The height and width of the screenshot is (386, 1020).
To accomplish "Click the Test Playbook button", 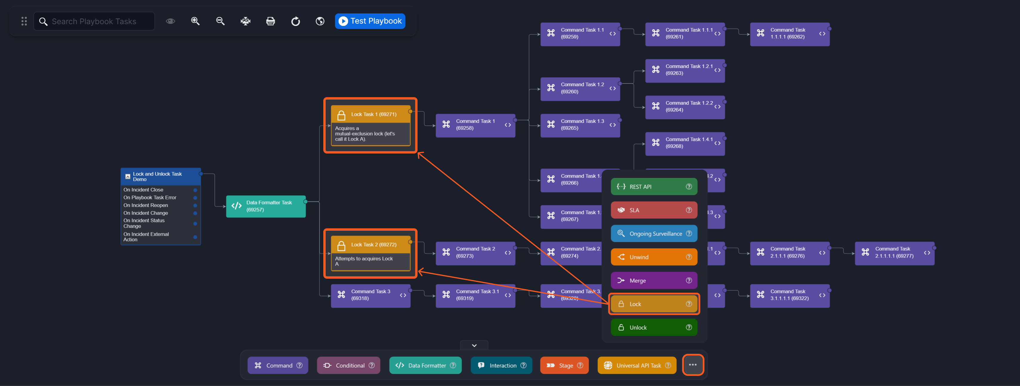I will coord(370,21).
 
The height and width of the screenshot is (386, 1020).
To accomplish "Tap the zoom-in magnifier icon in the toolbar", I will coord(195,21).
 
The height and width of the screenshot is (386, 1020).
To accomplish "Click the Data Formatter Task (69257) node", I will coord(266,206).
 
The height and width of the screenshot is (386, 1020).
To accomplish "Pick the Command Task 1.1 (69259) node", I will coord(580,34).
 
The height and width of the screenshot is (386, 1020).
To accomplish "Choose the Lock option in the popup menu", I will coord(653,304).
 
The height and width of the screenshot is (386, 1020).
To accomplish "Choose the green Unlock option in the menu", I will coord(653,327).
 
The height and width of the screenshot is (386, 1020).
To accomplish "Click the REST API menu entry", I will coord(653,187).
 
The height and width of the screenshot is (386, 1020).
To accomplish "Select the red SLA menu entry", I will coord(653,210).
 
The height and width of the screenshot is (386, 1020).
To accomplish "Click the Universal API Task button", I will coord(636,365).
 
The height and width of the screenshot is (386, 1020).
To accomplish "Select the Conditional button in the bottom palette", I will coord(348,365).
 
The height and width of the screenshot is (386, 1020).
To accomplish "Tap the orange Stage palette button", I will coord(564,365).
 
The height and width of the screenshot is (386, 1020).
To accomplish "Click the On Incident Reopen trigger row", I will coord(146,205).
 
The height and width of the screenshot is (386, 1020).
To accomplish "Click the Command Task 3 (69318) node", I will coord(370,295).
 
